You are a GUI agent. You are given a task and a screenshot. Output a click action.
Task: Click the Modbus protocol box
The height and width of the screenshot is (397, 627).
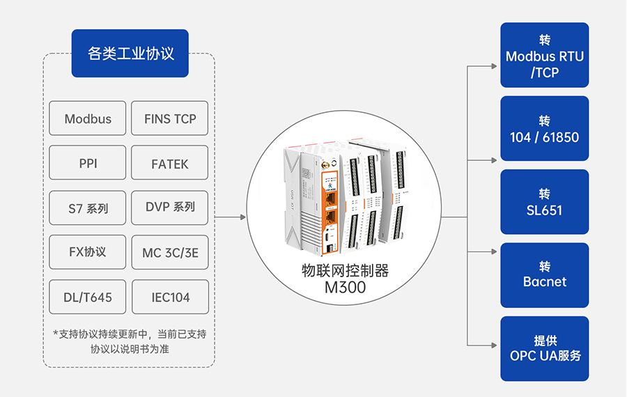[x=88, y=118]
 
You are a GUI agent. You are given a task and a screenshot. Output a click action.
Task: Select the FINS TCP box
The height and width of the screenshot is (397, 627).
[x=170, y=118]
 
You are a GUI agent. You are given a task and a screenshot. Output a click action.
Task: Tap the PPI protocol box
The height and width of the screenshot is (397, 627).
[x=88, y=164]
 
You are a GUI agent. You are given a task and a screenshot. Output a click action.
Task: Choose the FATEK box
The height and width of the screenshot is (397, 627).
[x=170, y=164]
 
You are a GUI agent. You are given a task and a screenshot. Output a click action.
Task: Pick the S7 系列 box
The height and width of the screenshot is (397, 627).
[x=88, y=208]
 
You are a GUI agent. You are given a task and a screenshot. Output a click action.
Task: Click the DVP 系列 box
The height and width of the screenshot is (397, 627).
[x=170, y=208]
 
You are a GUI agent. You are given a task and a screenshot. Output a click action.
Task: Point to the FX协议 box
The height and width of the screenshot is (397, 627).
[x=88, y=252]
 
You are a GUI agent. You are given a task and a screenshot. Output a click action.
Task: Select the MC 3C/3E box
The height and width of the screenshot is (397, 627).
[x=170, y=252]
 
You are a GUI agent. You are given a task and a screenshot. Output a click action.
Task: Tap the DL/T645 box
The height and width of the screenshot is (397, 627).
[x=88, y=297]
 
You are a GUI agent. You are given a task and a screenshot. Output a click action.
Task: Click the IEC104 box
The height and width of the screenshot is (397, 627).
[x=170, y=297]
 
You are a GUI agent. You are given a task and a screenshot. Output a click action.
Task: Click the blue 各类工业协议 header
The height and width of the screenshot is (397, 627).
[x=130, y=54]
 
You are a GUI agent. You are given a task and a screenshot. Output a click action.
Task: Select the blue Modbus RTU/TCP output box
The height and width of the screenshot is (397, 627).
[x=545, y=55]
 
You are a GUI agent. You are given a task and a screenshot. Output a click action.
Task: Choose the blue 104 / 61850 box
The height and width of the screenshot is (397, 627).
[x=545, y=129]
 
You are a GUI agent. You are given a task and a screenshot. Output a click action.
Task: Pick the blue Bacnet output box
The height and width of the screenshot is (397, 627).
[x=545, y=275]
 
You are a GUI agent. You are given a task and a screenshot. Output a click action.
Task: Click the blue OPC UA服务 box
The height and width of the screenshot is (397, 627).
[x=545, y=348]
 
